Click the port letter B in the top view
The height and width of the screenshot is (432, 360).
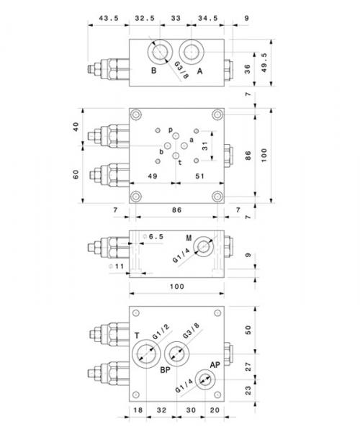153,71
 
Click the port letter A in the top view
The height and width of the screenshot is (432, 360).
199,71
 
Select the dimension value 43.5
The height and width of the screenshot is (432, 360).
109,18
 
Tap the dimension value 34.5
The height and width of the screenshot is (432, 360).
208,18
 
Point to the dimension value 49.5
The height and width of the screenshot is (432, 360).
264,63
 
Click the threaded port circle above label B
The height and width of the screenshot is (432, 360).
160,52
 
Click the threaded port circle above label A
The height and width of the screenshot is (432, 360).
192,52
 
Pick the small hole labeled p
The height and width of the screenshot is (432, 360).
176,135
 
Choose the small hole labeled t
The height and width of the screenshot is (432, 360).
176,156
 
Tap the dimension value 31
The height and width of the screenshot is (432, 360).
205,145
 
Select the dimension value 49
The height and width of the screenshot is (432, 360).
153,176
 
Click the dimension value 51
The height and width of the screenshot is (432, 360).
199,176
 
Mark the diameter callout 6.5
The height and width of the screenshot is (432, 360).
153,236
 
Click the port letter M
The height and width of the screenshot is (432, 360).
189,238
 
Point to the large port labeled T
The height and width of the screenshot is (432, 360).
146,354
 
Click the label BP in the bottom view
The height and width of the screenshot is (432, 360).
166,370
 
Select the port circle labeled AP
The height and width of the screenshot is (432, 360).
205,379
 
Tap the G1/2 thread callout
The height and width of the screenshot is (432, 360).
161,332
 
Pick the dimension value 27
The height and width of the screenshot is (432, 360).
248,366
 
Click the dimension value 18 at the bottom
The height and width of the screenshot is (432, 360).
138,410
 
